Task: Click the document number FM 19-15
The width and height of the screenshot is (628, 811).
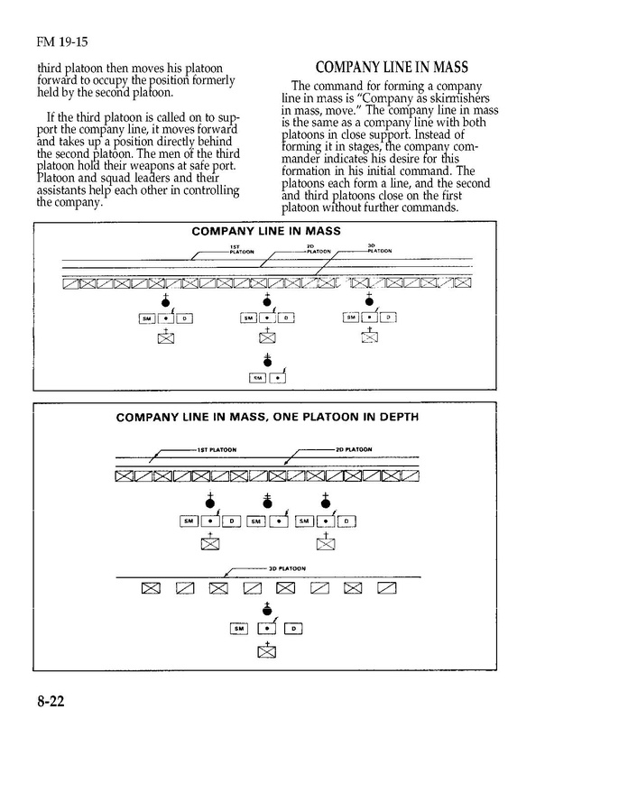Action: tap(62, 41)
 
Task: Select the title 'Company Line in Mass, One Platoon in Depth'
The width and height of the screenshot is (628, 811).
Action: tap(266, 418)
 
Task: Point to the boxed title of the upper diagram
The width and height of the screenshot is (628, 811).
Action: tap(266, 231)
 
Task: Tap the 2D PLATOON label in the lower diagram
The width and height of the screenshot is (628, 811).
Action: tap(353, 449)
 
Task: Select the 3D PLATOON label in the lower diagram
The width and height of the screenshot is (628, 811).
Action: tap(286, 569)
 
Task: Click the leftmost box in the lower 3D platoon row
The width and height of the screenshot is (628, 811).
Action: tap(151, 589)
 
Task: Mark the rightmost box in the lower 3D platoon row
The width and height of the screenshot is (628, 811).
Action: tap(387, 589)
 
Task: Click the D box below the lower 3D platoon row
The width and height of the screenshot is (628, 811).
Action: tap(294, 629)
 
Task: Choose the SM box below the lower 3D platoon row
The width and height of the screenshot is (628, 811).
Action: tap(239, 629)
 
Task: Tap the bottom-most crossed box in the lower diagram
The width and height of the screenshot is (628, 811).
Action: tap(267, 651)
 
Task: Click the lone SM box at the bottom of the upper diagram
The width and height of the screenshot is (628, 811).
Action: tap(256, 379)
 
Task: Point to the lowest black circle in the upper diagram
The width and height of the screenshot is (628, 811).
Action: tap(266, 361)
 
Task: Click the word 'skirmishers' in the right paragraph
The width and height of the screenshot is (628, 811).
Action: tap(448, 98)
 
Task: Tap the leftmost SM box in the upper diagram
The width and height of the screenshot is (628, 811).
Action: tap(147, 318)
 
